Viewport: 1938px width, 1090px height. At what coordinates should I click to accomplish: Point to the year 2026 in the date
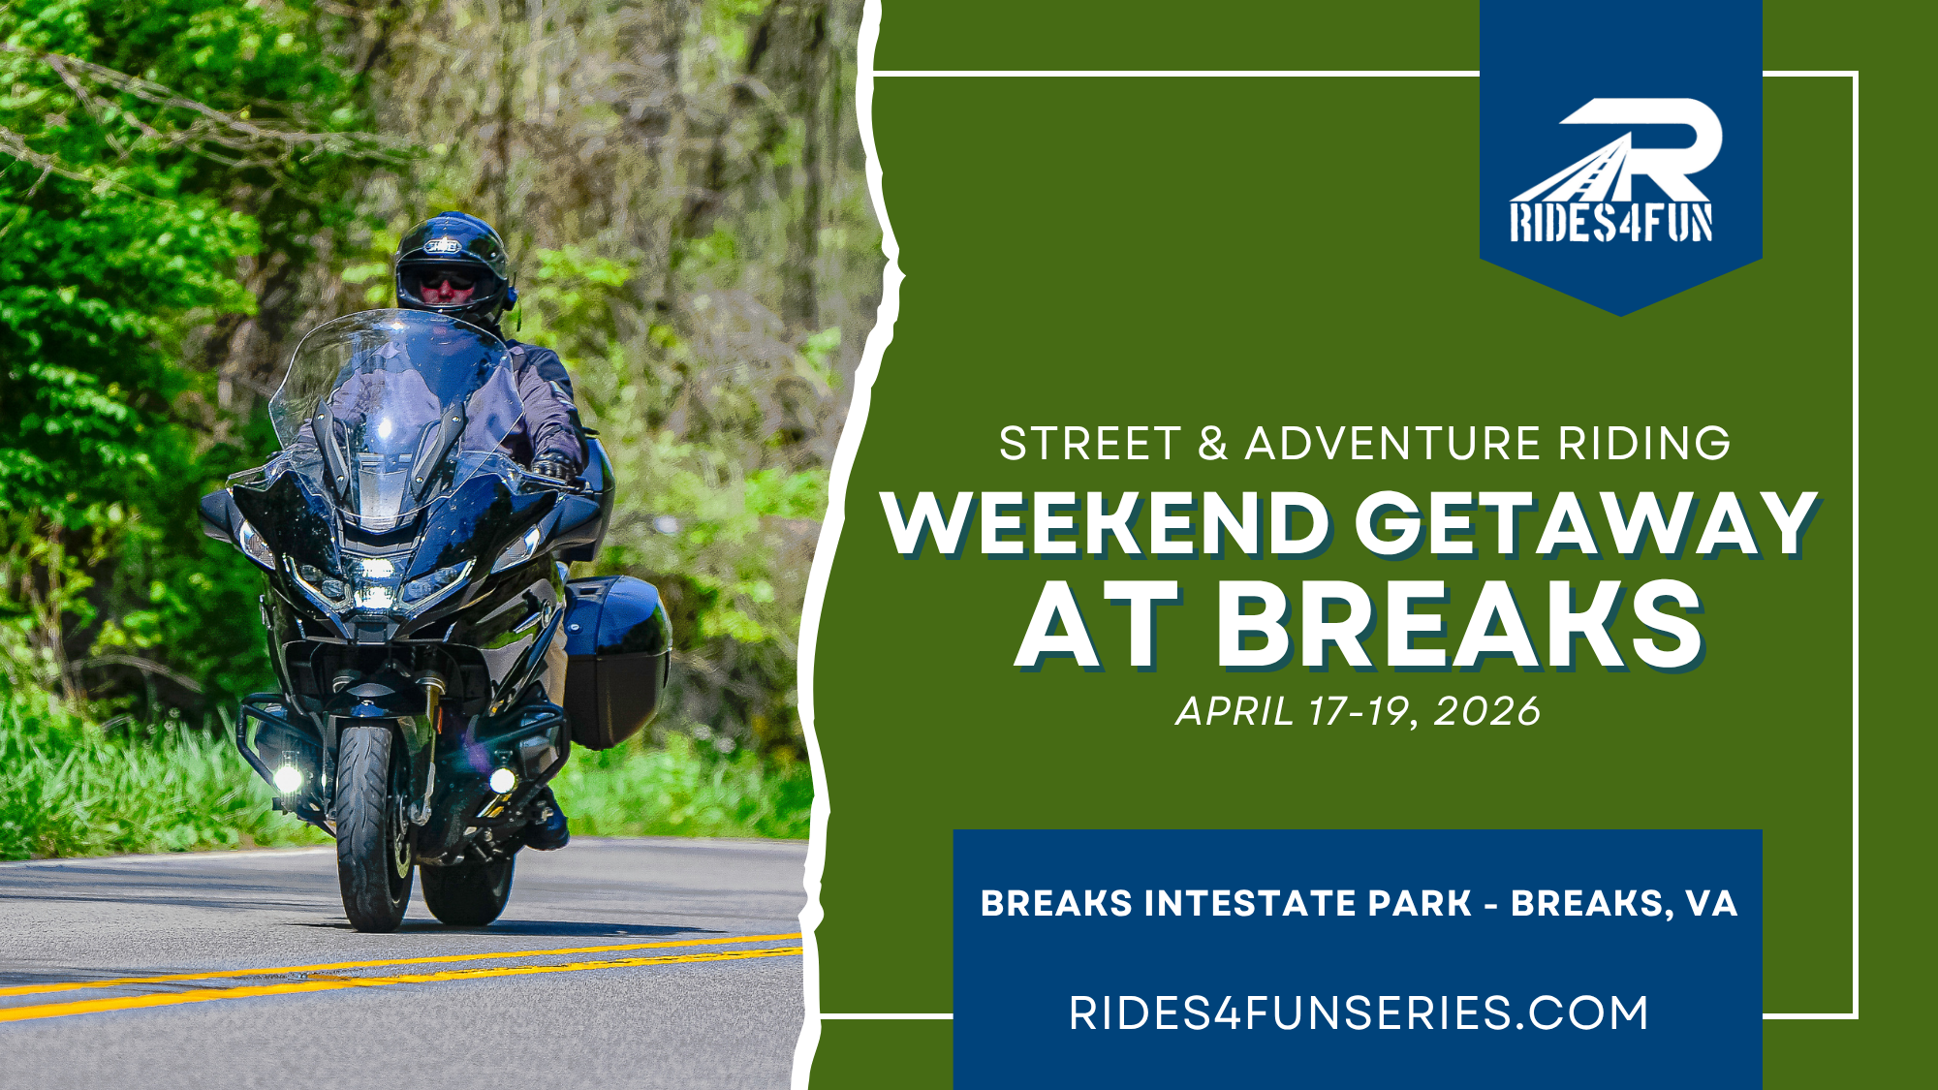click(x=1486, y=712)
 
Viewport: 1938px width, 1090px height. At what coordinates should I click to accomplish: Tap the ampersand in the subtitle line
click(x=1212, y=445)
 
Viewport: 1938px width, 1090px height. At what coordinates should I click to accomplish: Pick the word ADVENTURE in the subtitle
click(x=1392, y=445)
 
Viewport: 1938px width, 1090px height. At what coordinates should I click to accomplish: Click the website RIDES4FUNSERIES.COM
click(x=1359, y=1013)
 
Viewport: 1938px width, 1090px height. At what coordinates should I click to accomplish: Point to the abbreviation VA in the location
click(x=1711, y=904)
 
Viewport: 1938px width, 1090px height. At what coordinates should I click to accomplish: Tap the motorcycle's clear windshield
click(x=397, y=407)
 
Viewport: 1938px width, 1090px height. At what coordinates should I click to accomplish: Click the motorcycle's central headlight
click(x=376, y=581)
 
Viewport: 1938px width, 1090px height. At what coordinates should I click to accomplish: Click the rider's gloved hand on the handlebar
click(x=552, y=468)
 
